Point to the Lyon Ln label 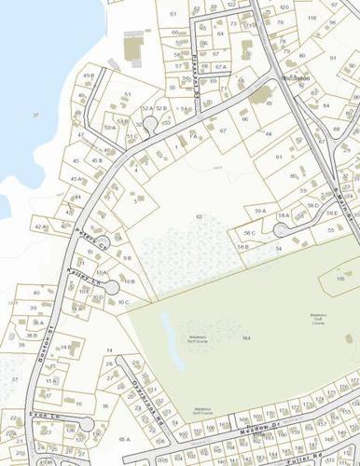pyautogui.click(x=38, y=415)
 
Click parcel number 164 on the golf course pyautogui.click(x=246, y=337)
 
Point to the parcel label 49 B pyautogui.click(x=89, y=75)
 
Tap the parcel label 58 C pyautogui.click(x=249, y=232)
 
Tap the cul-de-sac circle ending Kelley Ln pyautogui.click(x=103, y=274)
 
